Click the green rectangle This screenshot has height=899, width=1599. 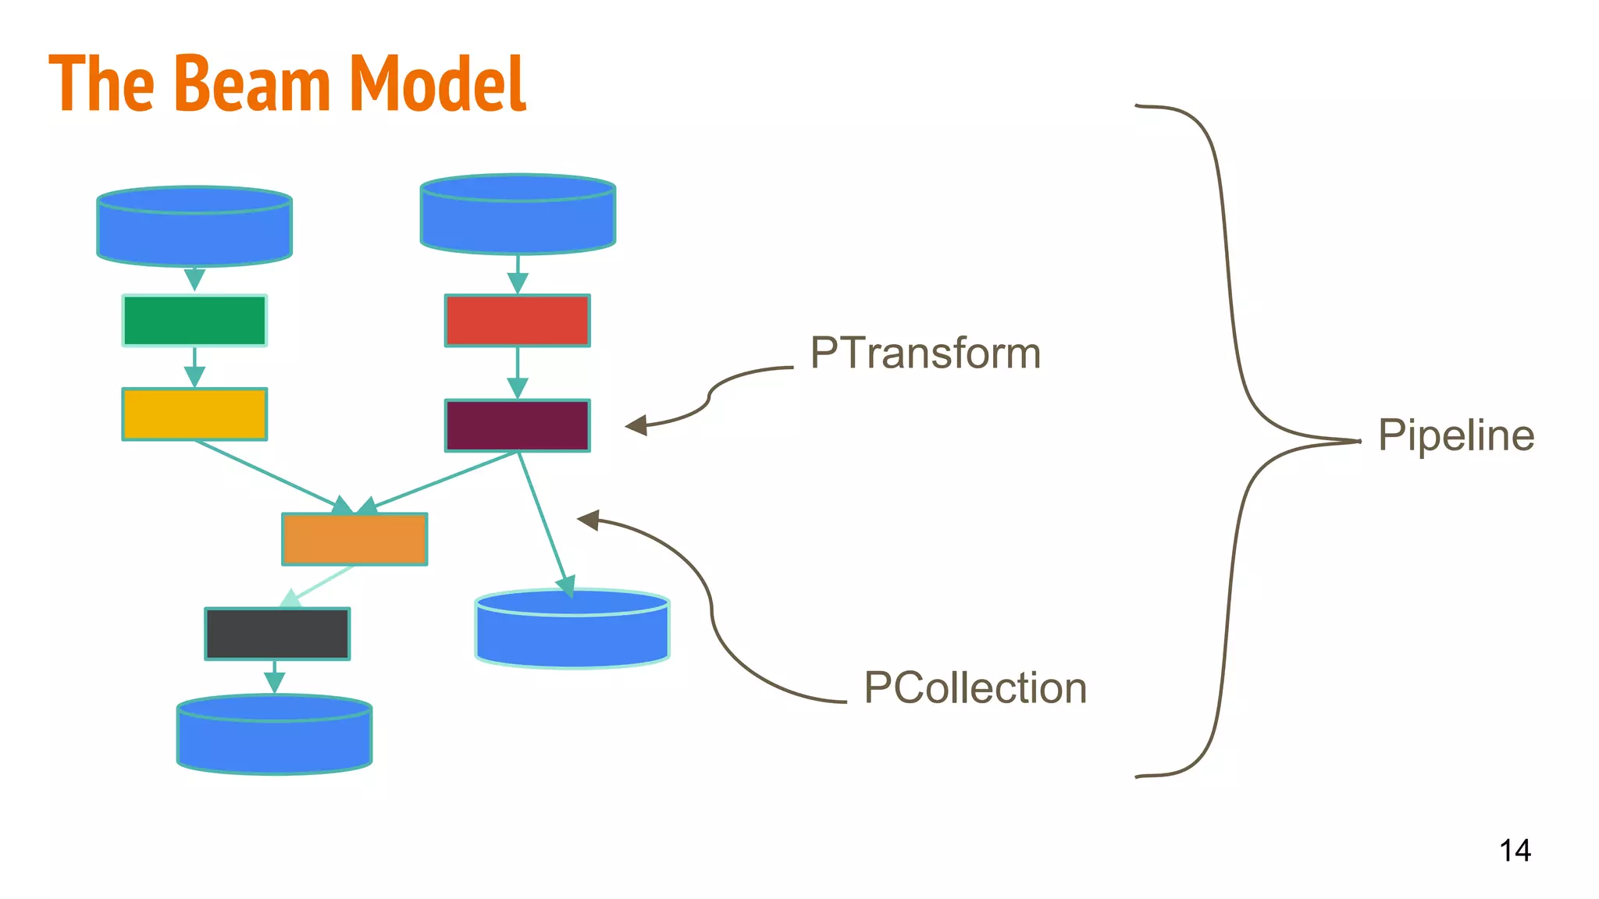click(x=194, y=320)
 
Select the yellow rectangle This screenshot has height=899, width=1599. click(x=194, y=414)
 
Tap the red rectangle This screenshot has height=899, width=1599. click(x=518, y=320)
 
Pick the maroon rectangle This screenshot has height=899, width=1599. click(x=518, y=425)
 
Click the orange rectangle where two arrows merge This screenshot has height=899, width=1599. click(x=354, y=539)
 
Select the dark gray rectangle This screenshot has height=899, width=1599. click(x=277, y=634)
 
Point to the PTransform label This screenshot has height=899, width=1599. click(x=925, y=353)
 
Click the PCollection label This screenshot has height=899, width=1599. click(x=975, y=688)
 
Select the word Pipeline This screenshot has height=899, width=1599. click(x=1456, y=435)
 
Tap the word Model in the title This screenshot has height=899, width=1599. click(x=437, y=84)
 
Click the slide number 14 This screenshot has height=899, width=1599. click(x=1515, y=850)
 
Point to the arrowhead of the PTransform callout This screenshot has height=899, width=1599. click(x=635, y=425)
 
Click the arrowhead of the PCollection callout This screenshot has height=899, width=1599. click(x=587, y=519)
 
